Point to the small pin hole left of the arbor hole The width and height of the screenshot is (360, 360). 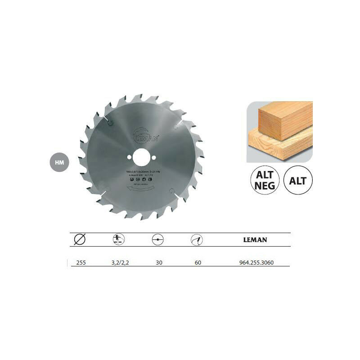(x=129, y=157)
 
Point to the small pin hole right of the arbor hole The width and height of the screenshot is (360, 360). (x=153, y=157)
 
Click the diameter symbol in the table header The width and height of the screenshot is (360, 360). (x=79, y=239)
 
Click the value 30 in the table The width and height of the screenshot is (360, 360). (x=158, y=262)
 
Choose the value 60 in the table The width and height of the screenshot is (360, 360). (x=198, y=262)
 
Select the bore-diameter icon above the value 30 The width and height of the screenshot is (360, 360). (x=158, y=239)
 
